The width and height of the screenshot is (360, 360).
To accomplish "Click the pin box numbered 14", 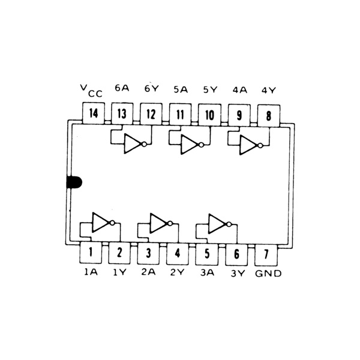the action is [92, 113].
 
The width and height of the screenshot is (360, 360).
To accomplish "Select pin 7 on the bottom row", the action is [266, 253].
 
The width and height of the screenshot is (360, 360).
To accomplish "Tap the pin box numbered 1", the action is [91, 253].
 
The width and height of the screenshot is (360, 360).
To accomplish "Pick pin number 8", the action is [268, 113].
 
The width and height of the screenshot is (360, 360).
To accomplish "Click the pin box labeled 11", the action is [180, 113].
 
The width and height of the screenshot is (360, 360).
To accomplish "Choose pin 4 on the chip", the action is [178, 253].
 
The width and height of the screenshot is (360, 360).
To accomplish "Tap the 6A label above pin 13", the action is [121, 88].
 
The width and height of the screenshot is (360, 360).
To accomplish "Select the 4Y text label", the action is [268, 90].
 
